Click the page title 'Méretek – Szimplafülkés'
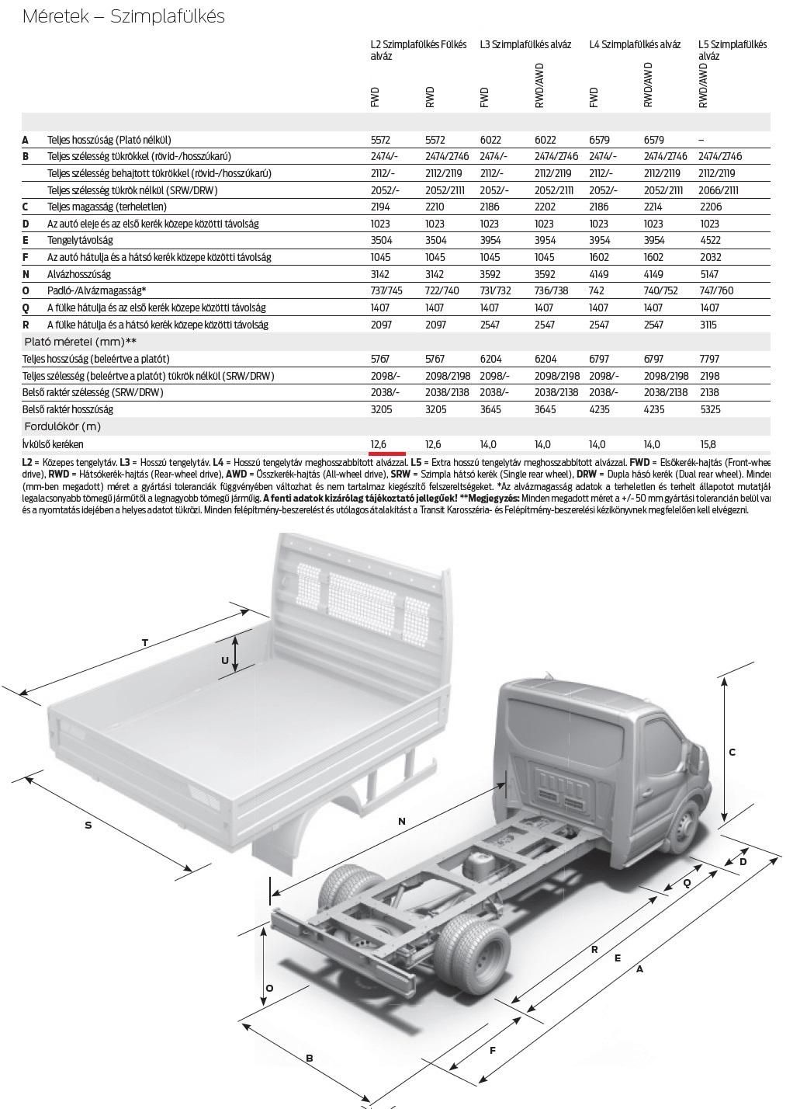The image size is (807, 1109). (123, 16)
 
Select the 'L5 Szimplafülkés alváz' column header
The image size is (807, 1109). (732, 50)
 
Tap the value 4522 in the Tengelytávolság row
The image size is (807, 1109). (709, 241)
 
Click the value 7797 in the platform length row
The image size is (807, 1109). (709, 360)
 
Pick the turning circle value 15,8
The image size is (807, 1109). (708, 445)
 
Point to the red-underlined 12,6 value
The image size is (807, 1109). (379, 445)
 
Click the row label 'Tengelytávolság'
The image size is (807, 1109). (80, 241)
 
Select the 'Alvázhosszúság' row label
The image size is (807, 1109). (78, 274)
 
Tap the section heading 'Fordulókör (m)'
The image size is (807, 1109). (63, 427)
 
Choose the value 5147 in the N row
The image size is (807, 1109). (709, 274)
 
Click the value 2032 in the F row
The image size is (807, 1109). (709, 257)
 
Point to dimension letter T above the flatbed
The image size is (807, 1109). (145, 642)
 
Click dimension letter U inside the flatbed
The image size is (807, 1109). (225, 660)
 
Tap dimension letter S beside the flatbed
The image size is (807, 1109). (88, 825)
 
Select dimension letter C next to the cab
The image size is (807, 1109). (732, 752)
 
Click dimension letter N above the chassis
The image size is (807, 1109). (401, 821)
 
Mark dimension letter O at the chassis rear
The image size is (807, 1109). (269, 988)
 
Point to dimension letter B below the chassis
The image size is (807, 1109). (309, 1058)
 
